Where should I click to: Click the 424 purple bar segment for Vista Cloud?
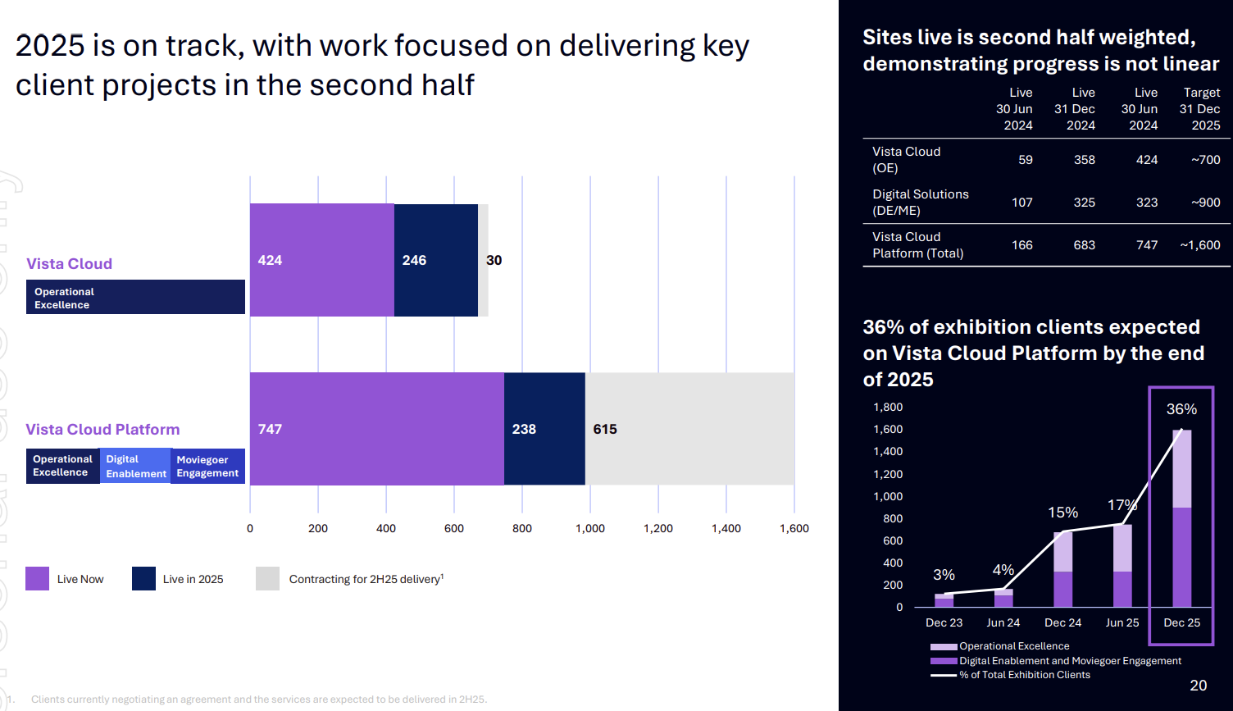click(321, 260)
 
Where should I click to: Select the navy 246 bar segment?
click(435, 260)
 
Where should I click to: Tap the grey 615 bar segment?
click(689, 429)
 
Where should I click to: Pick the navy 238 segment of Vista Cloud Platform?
click(544, 429)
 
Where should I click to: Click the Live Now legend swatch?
click(37, 579)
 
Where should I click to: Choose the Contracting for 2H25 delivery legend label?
click(366, 579)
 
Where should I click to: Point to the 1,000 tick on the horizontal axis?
click(590, 529)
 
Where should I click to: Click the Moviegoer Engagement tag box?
click(207, 467)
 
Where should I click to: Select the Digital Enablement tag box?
click(135, 467)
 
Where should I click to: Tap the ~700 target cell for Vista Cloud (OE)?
click(1205, 160)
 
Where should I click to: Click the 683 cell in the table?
click(1084, 245)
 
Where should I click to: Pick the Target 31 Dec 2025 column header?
click(1200, 109)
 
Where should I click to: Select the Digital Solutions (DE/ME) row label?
click(920, 203)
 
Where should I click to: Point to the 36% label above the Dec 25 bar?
click(1181, 409)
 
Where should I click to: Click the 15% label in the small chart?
click(1062, 513)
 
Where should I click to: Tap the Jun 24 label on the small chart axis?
click(1003, 623)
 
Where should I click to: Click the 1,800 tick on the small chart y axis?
click(888, 408)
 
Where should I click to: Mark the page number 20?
click(1198, 686)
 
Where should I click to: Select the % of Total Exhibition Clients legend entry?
click(1024, 675)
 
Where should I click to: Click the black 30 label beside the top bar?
click(494, 260)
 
